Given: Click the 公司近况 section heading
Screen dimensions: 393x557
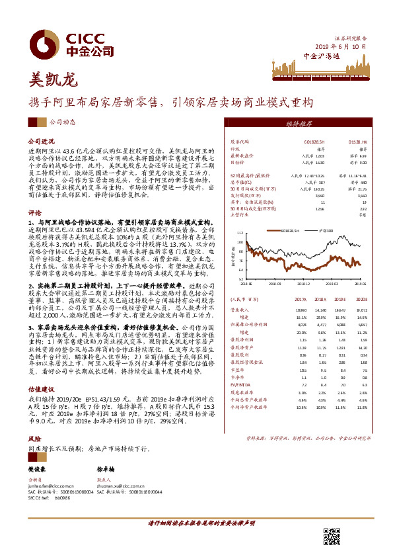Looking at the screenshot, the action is point(39,142).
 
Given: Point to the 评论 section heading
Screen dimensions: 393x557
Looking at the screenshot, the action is point(34,213).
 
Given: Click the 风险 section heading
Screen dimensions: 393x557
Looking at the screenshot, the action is point(34,439).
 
